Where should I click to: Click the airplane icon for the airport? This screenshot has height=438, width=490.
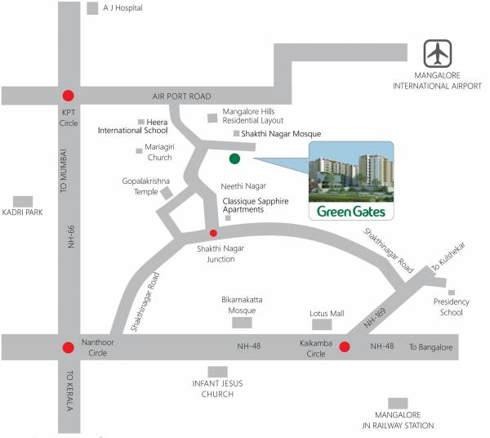click(x=438, y=54)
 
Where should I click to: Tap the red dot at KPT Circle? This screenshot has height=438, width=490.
click(x=68, y=95)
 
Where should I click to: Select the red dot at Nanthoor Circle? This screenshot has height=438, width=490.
click(x=68, y=346)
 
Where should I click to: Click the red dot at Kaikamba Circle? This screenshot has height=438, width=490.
click(x=345, y=346)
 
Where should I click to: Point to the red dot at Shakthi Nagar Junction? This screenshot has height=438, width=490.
click(x=214, y=233)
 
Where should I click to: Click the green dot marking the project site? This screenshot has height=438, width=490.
click(x=235, y=159)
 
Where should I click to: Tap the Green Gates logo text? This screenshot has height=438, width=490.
click(x=352, y=212)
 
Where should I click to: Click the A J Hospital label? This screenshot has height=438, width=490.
click(x=122, y=8)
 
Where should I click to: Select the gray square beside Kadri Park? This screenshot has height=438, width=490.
click(x=23, y=200)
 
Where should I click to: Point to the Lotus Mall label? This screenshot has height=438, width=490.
click(x=327, y=314)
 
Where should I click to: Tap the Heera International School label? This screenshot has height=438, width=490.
click(x=133, y=126)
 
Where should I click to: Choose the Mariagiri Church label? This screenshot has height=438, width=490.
click(x=158, y=152)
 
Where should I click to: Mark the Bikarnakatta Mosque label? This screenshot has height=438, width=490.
click(x=243, y=305)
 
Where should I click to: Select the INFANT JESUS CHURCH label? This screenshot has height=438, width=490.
click(x=217, y=389)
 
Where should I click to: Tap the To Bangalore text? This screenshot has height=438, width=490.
click(x=430, y=347)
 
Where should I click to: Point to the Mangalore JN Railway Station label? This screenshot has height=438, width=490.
click(x=399, y=420)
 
